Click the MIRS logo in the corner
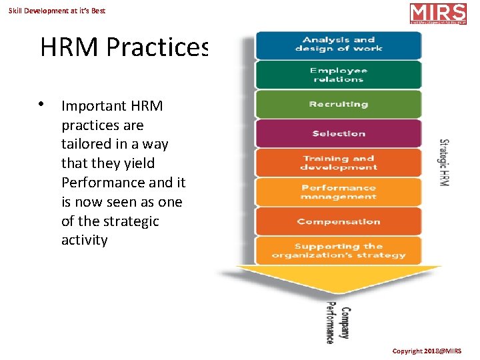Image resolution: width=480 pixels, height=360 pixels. (x=438, y=14)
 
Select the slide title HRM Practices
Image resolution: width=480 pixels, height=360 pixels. (x=125, y=47)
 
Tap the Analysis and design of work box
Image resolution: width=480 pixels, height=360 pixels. (x=339, y=45)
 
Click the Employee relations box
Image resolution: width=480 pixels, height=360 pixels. (x=339, y=75)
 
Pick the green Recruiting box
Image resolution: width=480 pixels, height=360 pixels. (x=339, y=105)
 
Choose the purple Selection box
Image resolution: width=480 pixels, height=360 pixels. (x=339, y=133)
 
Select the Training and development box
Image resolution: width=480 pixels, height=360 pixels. (x=339, y=163)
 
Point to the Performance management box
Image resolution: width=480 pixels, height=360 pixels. (x=339, y=192)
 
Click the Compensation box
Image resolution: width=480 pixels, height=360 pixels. (x=339, y=221)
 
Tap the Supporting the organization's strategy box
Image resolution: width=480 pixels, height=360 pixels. (x=339, y=251)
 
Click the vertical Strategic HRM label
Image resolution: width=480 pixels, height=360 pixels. (x=444, y=162)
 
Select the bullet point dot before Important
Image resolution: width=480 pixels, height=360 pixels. (x=41, y=104)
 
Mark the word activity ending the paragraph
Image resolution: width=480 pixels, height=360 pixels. (x=84, y=240)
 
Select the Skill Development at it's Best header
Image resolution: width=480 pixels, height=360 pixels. (x=57, y=11)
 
